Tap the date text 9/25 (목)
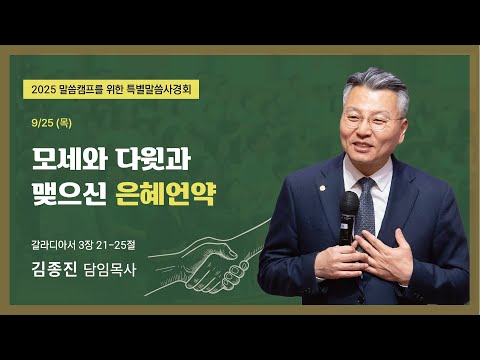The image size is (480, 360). (49, 125)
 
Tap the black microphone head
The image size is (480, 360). (349, 206)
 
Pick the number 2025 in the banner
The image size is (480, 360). (45, 89)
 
